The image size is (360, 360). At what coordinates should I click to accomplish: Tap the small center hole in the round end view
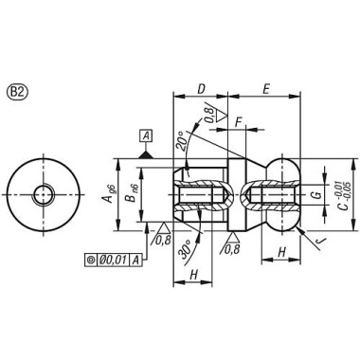44,194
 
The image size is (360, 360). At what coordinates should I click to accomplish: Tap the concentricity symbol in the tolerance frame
90,259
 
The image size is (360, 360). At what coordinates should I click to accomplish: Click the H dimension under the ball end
281,252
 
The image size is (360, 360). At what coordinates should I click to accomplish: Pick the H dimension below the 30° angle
192,274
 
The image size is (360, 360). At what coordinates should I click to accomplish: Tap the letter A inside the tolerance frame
136,259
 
